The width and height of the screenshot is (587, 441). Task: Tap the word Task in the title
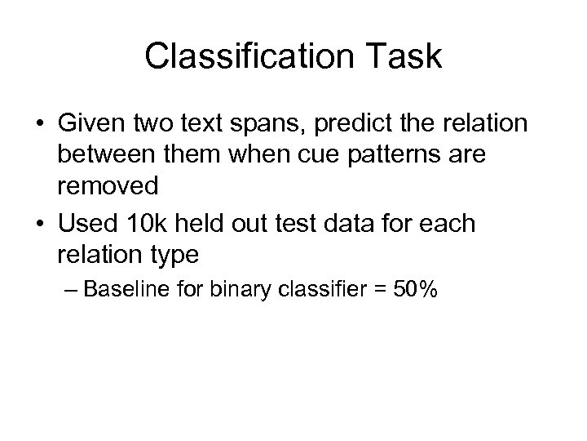point(399,58)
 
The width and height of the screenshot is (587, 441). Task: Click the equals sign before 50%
point(377,290)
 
